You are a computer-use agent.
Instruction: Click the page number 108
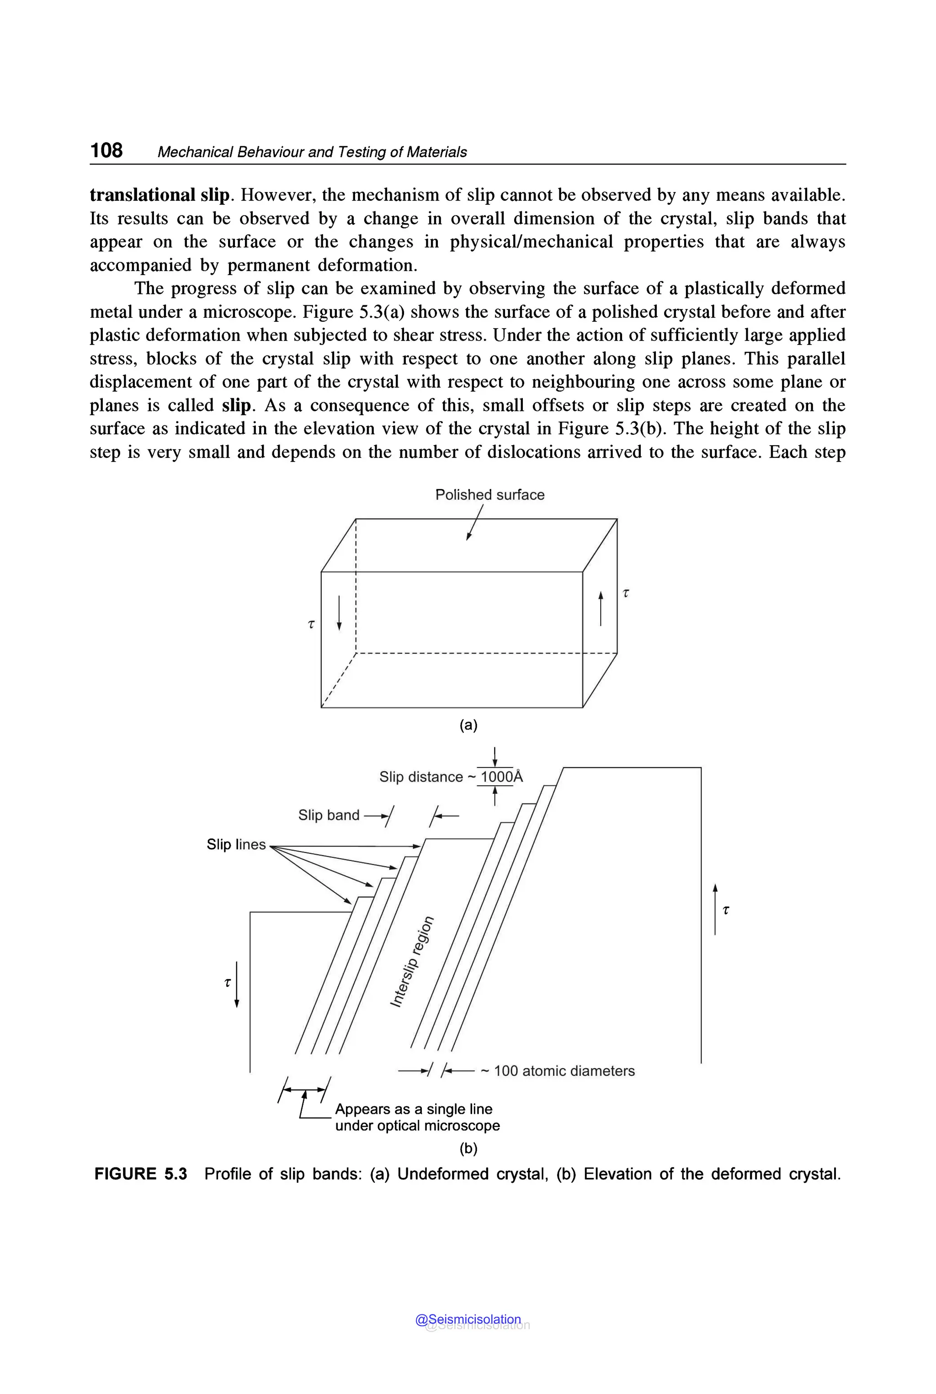pyautogui.click(x=106, y=150)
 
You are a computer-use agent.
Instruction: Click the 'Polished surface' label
pyautogui.click(x=489, y=495)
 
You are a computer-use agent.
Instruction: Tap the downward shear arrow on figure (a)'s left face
pyautogui.click(x=339, y=612)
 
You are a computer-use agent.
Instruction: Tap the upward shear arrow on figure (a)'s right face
pyautogui.click(x=601, y=608)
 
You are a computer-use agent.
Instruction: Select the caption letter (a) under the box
pyautogui.click(x=468, y=725)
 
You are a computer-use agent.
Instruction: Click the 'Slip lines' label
pyautogui.click(x=236, y=844)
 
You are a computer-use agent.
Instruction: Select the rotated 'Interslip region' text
pyautogui.click(x=412, y=961)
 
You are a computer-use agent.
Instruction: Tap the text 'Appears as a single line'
pyautogui.click(x=414, y=1109)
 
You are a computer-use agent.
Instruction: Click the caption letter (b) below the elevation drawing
pyautogui.click(x=468, y=1148)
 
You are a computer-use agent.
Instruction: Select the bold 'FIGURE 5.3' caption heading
pyautogui.click(x=141, y=1174)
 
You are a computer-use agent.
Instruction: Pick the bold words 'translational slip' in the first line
pyautogui.click(x=160, y=195)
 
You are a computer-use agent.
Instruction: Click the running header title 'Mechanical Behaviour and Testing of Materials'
pyautogui.click(x=312, y=152)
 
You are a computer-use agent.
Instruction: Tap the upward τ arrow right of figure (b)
pyautogui.click(x=715, y=909)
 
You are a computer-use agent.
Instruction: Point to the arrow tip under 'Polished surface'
pyautogui.click(x=468, y=538)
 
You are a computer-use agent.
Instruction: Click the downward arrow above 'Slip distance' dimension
pyautogui.click(x=495, y=757)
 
